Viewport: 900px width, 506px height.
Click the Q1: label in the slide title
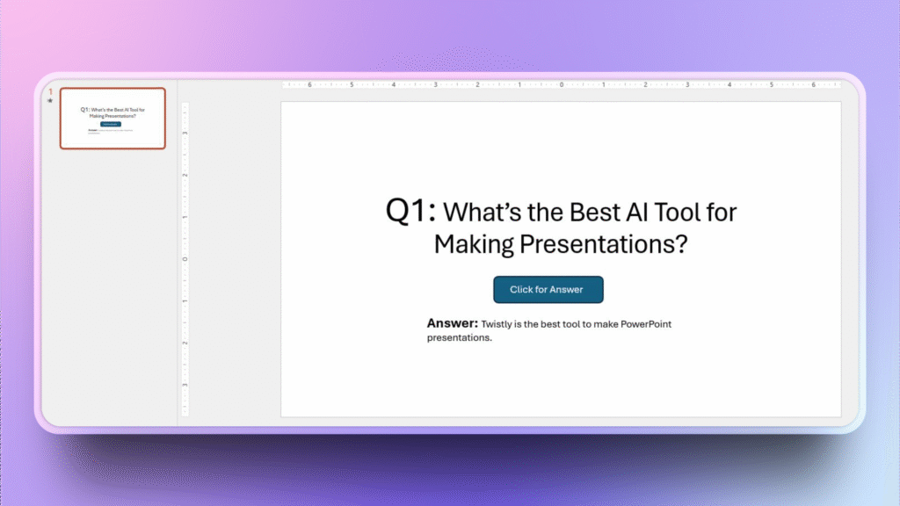410,211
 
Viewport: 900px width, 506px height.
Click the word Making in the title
474,244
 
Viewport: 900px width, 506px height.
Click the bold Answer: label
452,323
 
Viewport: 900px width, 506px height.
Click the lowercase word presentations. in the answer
460,337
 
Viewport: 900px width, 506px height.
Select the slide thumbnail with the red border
112,119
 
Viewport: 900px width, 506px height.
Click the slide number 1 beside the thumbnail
51,91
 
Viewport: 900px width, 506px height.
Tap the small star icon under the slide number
51,101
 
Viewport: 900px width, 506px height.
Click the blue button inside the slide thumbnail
111,124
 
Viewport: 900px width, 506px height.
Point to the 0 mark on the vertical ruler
185,259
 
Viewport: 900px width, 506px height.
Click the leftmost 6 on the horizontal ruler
309,85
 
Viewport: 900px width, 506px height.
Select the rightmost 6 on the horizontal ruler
813,85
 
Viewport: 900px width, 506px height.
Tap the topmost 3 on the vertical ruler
185,133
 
